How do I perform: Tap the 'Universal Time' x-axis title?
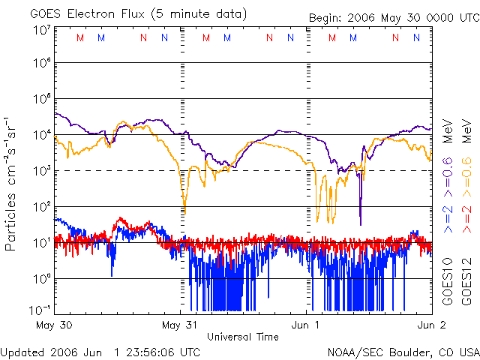(242, 337)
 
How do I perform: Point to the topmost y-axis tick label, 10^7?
(42, 30)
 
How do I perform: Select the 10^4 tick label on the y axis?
(42, 135)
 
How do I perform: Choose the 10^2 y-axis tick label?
(42, 206)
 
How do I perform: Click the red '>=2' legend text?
(464, 218)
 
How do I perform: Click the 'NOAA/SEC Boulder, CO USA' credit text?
(403, 351)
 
